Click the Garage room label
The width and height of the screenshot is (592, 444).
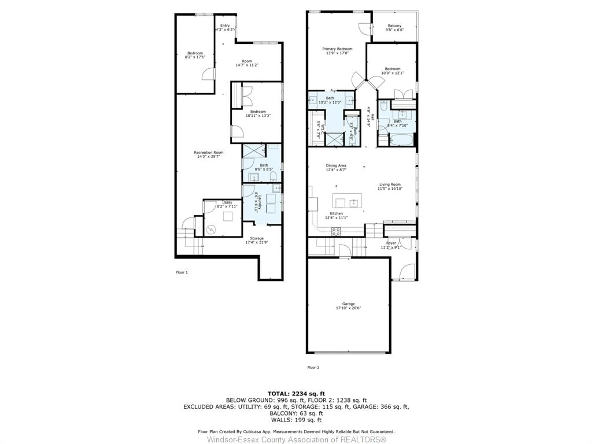pyautogui.click(x=348, y=304)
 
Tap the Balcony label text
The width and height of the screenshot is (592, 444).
pyautogui.click(x=395, y=26)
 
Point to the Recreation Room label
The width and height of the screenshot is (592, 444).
pyautogui.click(x=208, y=152)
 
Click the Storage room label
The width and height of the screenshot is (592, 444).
pyautogui.click(x=257, y=238)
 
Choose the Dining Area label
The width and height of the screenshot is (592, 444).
pyautogui.click(x=336, y=165)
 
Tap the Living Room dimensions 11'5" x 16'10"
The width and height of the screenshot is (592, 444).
pyautogui.click(x=390, y=188)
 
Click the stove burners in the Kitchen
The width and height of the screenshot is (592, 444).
pyautogui.click(x=336, y=231)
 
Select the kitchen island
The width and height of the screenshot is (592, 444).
pyautogui.click(x=347, y=201)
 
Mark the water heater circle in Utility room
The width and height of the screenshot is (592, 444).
pyautogui.click(x=211, y=229)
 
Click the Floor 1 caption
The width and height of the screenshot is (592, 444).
pyautogui.click(x=182, y=272)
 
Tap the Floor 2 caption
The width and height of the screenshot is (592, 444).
pyautogui.click(x=313, y=368)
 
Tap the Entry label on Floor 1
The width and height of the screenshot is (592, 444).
pyautogui.click(x=225, y=25)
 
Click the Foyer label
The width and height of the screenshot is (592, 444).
pyautogui.click(x=391, y=243)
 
